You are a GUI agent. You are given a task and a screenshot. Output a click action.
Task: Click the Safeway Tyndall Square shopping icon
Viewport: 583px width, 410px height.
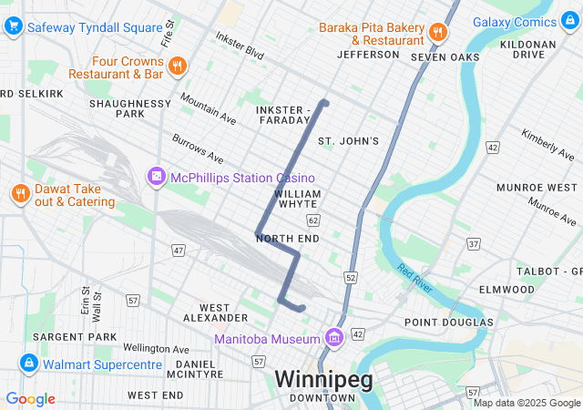pyautogui.click(x=13, y=26)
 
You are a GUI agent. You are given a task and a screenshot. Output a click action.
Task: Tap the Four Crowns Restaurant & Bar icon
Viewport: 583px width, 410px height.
pyautogui.click(x=177, y=65)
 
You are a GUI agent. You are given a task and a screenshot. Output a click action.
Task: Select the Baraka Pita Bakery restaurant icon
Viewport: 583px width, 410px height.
pyautogui.click(x=438, y=33)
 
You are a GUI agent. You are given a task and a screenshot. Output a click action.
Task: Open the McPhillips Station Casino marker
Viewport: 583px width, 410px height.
pyautogui.click(x=157, y=176)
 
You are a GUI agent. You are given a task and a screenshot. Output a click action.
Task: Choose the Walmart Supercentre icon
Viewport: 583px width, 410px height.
pyautogui.click(x=28, y=364)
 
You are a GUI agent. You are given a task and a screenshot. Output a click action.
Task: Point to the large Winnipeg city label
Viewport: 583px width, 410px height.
pyautogui.click(x=323, y=378)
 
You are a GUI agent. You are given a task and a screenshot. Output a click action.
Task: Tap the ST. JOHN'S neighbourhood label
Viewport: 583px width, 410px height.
pyautogui.click(x=347, y=141)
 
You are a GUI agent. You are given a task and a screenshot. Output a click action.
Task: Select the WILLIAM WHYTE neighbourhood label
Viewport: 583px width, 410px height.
pyautogui.click(x=297, y=200)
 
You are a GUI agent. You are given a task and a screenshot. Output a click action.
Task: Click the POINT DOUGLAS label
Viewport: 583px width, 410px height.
pyautogui.click(x=448, y=323)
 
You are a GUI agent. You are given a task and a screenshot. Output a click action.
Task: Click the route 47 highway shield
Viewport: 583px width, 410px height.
pyautogui.click(x=179, y=249)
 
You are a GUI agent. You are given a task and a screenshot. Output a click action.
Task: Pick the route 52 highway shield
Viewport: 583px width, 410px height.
pyautogui.click(x=352, y=276)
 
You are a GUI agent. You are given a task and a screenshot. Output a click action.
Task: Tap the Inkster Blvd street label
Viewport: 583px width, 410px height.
pyautogui.click(x=239, y=46)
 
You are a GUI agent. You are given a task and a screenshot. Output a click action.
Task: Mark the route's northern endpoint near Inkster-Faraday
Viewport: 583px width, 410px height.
pyautogui.click(x=323, y=102)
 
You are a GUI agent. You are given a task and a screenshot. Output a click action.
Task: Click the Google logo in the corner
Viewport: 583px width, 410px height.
pyautogui.click(x=30, y=399)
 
